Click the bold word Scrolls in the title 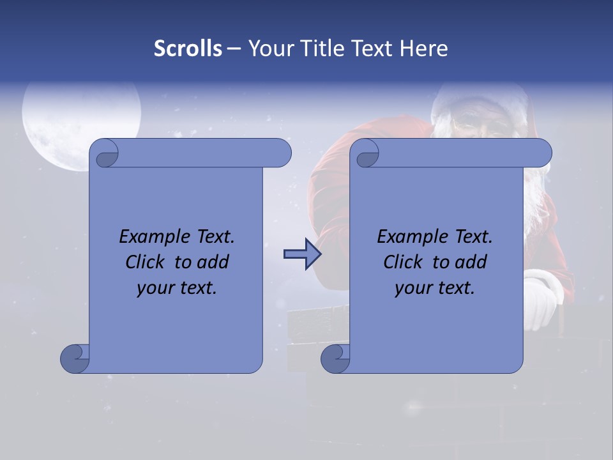tap(188, 48)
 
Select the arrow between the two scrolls tap(302, 255)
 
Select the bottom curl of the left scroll tap(75, 358)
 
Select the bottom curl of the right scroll tap(335, 358)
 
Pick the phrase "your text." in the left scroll tap(177, 287)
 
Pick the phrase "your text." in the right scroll tap(435, 287)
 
